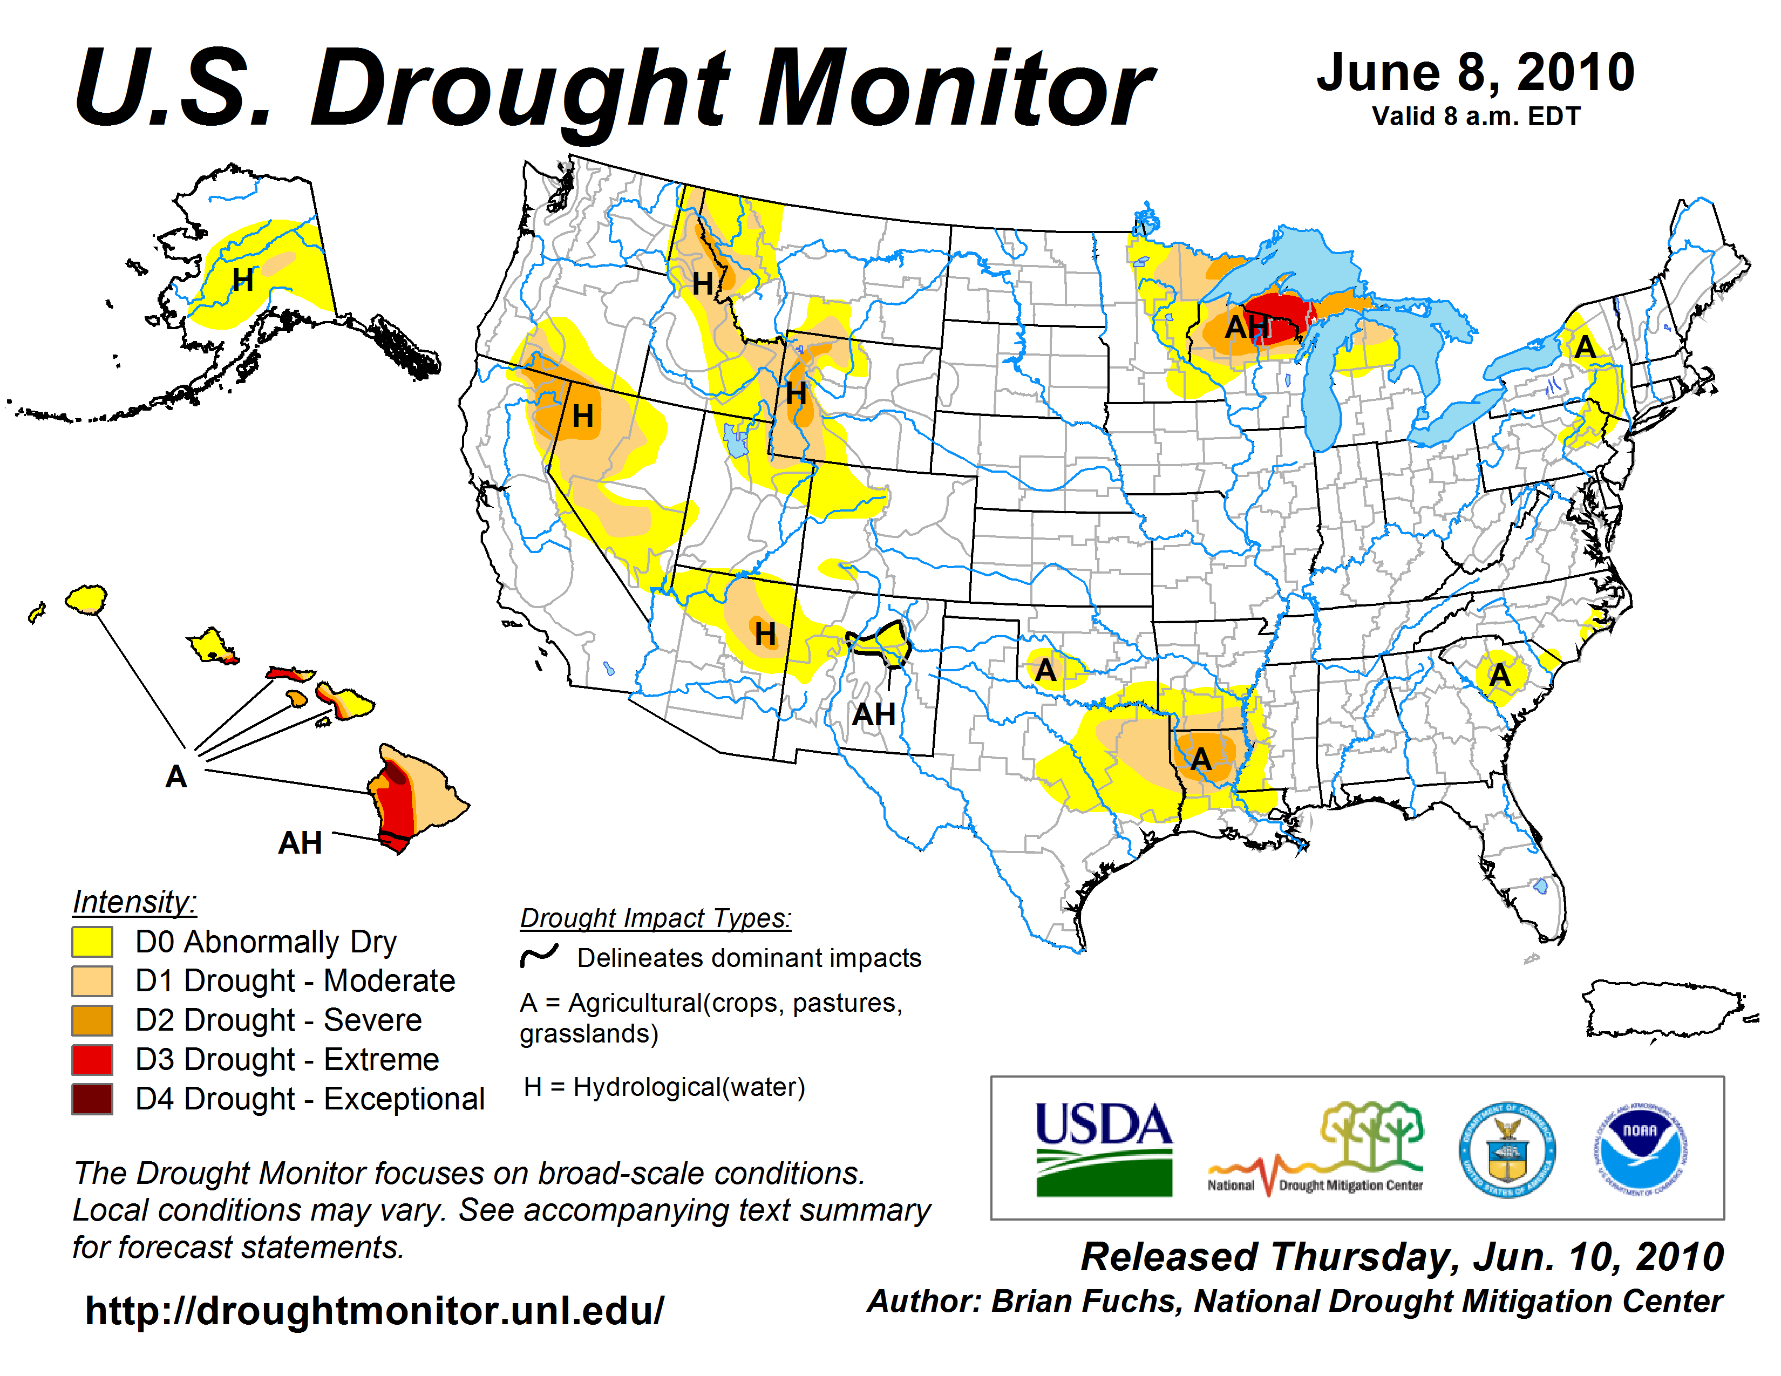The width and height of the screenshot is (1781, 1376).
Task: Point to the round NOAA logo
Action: [1640, 1149]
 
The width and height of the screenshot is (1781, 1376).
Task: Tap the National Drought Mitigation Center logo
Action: [1316, 1149]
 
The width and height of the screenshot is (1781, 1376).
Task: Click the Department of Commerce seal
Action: [1507, 1149]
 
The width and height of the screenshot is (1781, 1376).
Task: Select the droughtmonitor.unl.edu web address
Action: [375, 1311]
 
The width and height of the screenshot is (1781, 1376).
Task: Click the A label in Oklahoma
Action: [1045, 671]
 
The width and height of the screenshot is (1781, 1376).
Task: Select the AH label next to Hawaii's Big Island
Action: [300, 843]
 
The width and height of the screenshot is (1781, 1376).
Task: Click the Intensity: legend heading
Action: [134, 902]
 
